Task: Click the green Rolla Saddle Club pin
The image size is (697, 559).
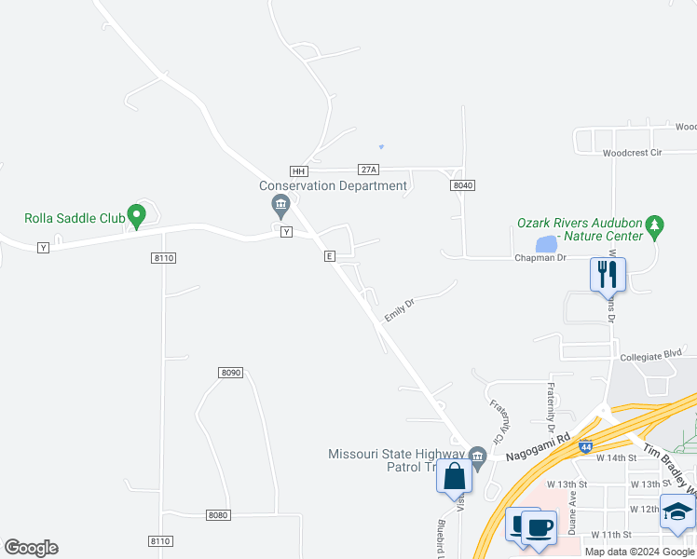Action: (136, 216)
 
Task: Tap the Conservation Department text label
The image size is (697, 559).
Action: (334, 185)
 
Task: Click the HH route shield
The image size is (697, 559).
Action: (298, 171)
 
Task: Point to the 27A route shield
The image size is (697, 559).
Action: (369, 170)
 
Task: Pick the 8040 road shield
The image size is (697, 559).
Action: (463, 185)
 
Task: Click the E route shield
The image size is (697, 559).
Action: (329, 255)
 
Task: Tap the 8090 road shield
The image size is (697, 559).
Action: (231, 373)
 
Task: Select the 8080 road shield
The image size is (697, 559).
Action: (218, 515)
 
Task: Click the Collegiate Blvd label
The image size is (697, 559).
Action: (652, 355)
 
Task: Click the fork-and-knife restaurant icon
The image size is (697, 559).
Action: (607, 274)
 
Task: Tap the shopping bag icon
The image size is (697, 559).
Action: (454, 475)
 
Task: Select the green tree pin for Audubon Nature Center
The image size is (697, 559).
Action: (656, 225)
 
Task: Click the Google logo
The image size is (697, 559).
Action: (31, 548)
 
